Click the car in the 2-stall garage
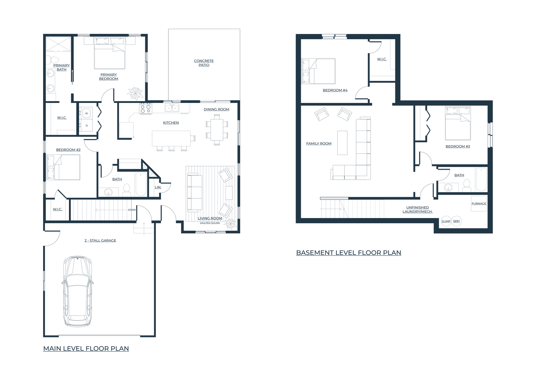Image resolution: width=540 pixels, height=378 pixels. [x=78, y=292]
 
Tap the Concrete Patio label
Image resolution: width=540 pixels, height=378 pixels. [x=204, y=63]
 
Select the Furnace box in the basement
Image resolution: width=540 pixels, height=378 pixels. [x=479, y=204]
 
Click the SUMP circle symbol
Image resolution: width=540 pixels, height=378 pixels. [x=446, y=221]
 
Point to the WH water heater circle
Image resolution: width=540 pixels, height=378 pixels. [x=456, y=221]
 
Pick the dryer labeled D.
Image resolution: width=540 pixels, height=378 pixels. [x=86, y=125]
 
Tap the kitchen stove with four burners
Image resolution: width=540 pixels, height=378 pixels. [x=146, y=108]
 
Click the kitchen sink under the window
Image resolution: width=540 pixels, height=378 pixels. [x=172, y=108]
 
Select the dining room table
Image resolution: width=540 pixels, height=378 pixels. [x=217, y=129]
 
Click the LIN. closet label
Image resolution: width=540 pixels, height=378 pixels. [x=158, y=187]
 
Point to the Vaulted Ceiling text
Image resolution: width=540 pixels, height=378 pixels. [x=210, y=223]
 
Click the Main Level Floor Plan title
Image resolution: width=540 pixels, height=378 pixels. [x=86, y=348]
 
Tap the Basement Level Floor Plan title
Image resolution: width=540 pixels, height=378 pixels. [x=348, y=252]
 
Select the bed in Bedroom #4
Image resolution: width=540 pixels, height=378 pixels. [x=318, y=71]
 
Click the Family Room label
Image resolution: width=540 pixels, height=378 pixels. [x=319, y=143]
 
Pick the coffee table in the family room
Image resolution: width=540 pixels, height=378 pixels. [x=342, y=142]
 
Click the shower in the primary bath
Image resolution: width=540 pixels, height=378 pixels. [x=58, y=44]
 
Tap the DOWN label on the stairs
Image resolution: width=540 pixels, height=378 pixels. [x=132, y=210]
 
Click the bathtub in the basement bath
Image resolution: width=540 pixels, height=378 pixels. [x=481, y=180]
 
